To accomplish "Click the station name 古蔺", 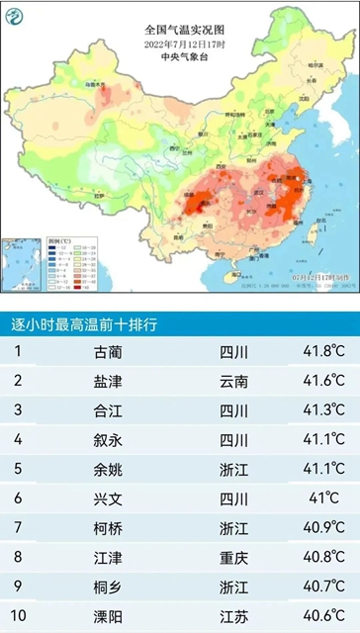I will coord(109,351).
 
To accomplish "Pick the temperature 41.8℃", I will coord(323,351).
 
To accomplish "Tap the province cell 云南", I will coord(234,381).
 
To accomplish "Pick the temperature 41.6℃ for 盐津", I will coord(323,381).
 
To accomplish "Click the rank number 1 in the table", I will coord(18,351).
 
